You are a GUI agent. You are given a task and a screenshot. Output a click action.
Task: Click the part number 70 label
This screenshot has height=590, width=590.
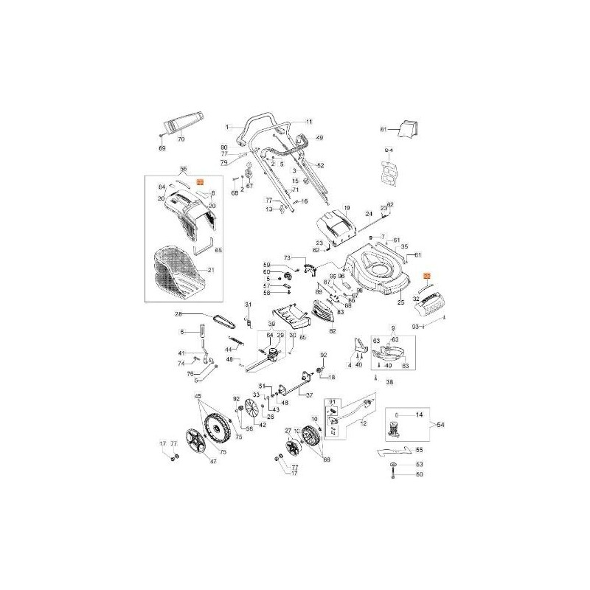(181, 139)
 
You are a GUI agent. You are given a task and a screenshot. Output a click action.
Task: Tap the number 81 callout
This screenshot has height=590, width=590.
(383, 130)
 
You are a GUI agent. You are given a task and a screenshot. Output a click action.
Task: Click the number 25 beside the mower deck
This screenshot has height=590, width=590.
(401, 302)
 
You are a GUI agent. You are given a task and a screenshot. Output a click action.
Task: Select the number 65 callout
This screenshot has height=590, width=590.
(218, 251)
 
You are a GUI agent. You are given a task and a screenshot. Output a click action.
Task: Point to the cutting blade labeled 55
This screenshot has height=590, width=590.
(391, 450)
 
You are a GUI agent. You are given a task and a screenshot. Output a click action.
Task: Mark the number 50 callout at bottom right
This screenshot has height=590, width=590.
(420, 474)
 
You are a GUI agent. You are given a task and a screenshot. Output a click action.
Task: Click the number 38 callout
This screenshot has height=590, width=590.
(389, 383)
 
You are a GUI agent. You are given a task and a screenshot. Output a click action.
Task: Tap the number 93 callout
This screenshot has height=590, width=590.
(436, 325)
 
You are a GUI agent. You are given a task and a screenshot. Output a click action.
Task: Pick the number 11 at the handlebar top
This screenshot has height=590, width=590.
(309, 121)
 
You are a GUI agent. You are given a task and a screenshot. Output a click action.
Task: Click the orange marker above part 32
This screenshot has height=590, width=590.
(426, 274)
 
